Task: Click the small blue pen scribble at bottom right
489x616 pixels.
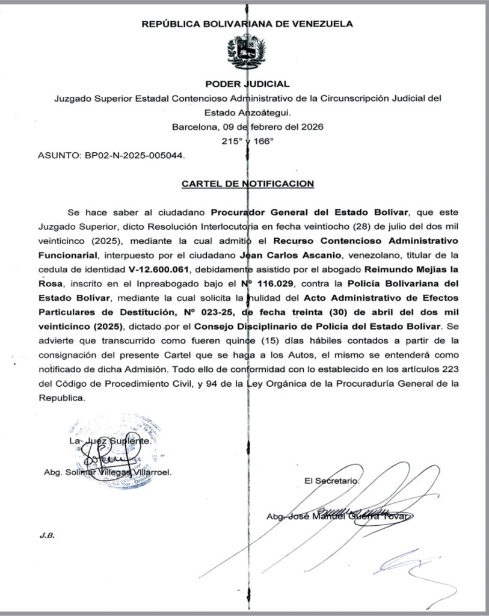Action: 406,565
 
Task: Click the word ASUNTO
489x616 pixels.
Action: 55,155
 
